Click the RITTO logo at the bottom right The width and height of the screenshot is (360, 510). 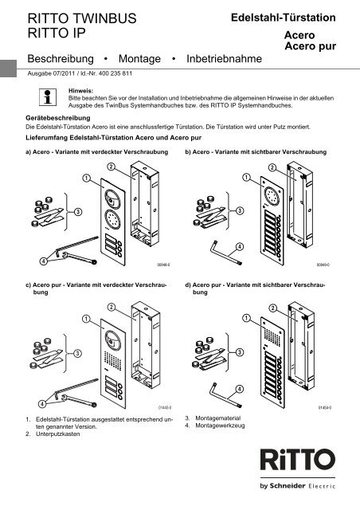(303, 462)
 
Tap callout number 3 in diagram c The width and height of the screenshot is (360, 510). (77, 355)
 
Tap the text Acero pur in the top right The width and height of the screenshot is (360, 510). (311, 47)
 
